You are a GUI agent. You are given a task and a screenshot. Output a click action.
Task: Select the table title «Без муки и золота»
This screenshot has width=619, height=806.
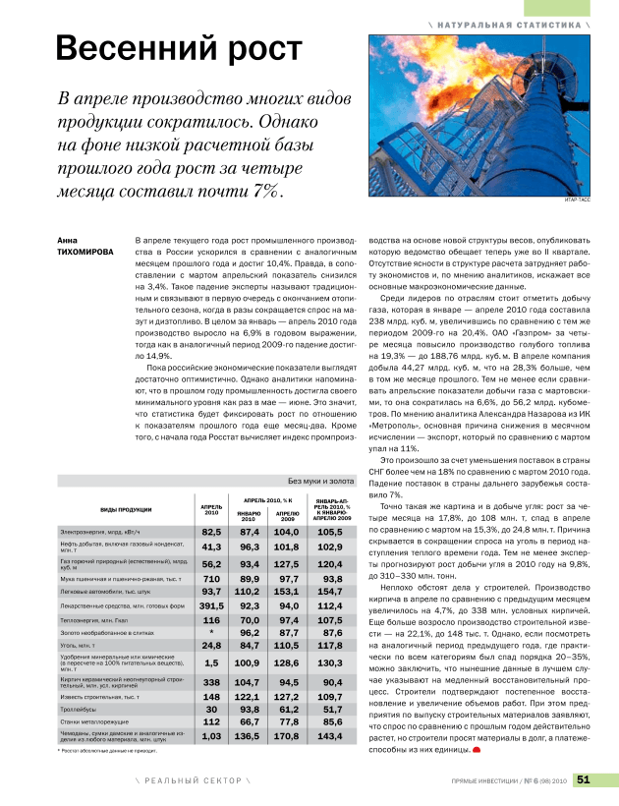coord(320,482)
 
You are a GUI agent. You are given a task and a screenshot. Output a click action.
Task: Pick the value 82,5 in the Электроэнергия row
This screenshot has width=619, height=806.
coord(211,531)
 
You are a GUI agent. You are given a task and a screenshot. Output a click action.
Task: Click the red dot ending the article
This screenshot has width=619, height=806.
coord(477,750)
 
